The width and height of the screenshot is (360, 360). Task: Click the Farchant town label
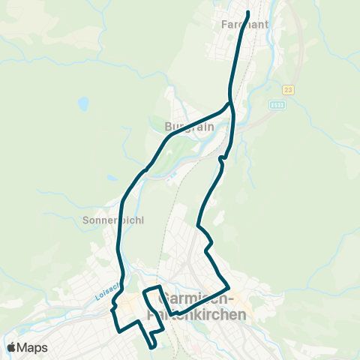242,24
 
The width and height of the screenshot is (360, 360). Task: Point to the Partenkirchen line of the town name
197,315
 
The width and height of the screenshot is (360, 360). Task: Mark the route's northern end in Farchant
247,12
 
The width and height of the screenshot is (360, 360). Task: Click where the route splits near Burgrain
229,103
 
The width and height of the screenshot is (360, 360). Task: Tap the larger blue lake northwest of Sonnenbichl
83,103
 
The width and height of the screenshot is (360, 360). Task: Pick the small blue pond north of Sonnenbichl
111,178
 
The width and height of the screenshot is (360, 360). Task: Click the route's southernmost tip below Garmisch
152,347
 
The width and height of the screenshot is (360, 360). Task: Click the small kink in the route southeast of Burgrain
221,160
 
